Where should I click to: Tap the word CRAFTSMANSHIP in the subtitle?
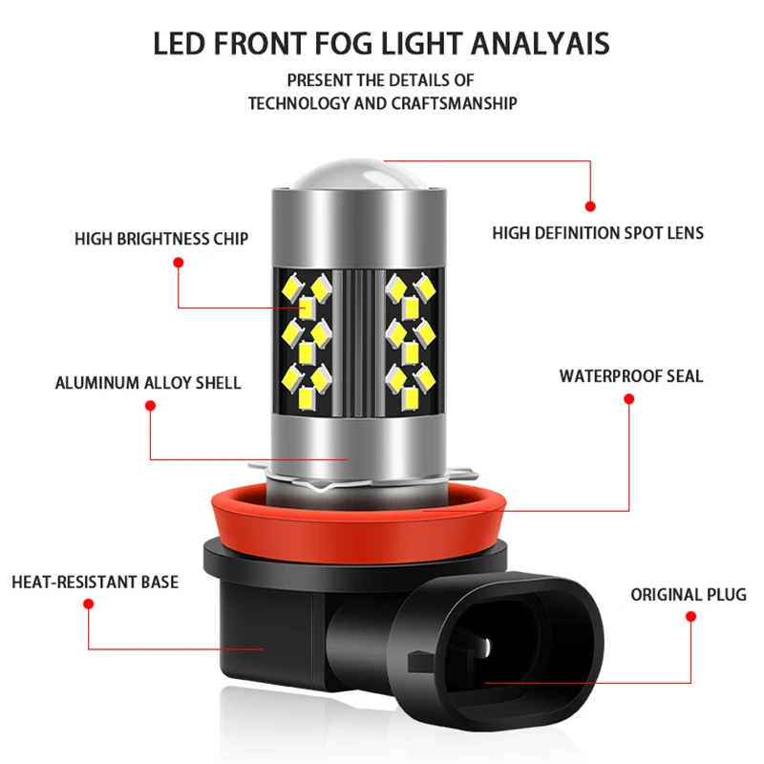click(455, 103)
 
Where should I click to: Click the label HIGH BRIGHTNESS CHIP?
click(161, 239)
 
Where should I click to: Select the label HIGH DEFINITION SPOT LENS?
click(598, 232)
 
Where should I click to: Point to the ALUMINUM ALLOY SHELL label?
click(148, 383)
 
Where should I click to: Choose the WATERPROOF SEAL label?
click(631, 376)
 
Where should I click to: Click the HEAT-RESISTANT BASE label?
click(95, 582)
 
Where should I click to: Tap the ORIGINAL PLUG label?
click(689, 595)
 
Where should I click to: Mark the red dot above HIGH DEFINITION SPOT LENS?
click(590, 205)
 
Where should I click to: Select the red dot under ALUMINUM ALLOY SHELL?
click(150, 406)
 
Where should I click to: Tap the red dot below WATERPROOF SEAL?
click(628, 398)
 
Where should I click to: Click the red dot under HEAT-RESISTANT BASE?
click(88, 604)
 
